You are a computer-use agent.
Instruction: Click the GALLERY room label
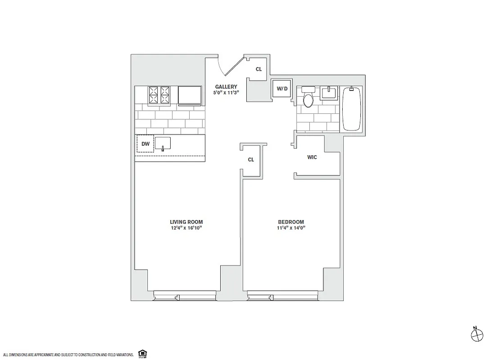[226, 87]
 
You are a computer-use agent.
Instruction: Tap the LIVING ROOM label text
[186, 222]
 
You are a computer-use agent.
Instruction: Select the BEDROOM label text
[290, 222]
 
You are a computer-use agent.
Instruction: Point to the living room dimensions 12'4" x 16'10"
[186, 228]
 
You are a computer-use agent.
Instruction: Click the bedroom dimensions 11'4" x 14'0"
[290, 228]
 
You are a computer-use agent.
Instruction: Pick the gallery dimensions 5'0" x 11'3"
[226, 93]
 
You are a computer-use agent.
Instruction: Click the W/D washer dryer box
[282, 89]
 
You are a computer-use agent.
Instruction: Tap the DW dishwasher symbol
[145, 144]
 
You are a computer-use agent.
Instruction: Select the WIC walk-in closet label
[312, 157]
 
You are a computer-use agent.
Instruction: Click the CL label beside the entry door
[259, 69]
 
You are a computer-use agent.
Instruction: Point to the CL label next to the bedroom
[251, 160]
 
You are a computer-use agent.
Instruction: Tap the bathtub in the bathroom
[352, 109]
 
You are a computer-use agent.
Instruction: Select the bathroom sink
[330, 93]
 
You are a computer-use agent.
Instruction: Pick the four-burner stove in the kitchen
[159, 95]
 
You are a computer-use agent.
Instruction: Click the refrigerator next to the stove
[190, 95]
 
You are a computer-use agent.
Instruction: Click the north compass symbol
[476, 335]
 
